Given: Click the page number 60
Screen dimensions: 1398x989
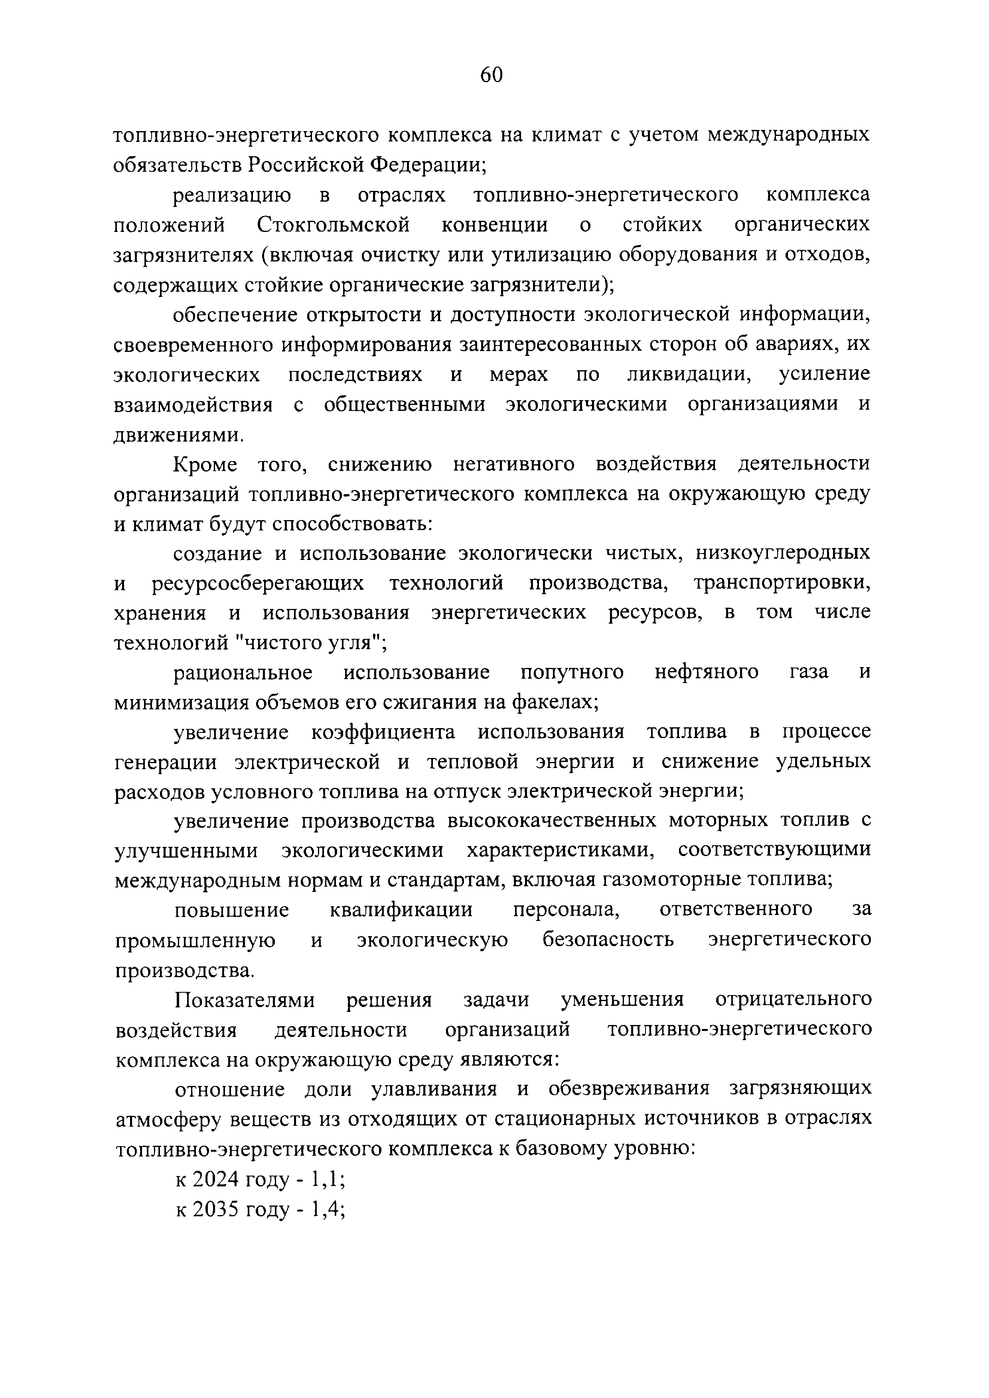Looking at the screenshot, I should click(491, 75).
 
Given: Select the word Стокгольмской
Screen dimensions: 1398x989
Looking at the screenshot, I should click(333, 225).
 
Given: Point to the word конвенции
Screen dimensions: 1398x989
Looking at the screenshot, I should click(494, 225).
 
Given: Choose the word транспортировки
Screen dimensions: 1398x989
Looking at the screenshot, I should click(782, 583).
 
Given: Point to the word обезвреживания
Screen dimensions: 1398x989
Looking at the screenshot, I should click(629, 1089).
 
